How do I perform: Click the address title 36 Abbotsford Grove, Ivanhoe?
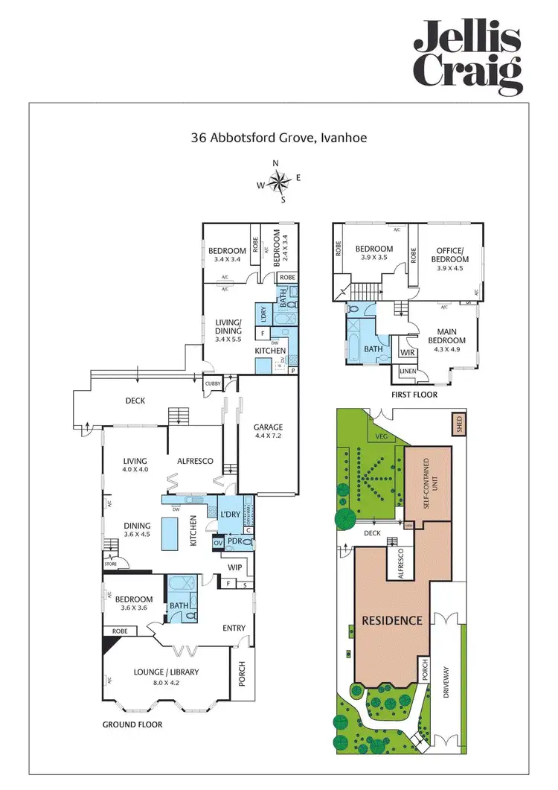coord(278,138)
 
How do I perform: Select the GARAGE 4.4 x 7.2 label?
coord(267,432)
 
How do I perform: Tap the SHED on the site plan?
coord(458,425)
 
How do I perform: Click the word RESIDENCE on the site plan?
coord(392,619)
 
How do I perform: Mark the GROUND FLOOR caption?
coord(132,724)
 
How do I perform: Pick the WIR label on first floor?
coord(406,352)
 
